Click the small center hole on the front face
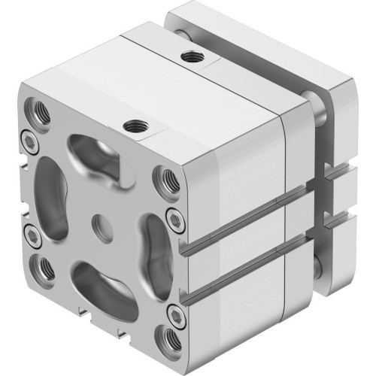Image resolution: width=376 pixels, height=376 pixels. (99, 223)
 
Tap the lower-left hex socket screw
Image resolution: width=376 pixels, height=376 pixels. (32, 235)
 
